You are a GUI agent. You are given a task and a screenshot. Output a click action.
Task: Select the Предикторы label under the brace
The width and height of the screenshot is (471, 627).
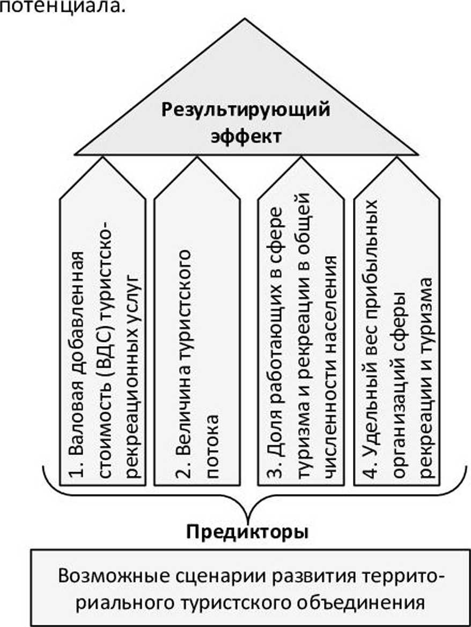pyautogui.click(x=247, y=533)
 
